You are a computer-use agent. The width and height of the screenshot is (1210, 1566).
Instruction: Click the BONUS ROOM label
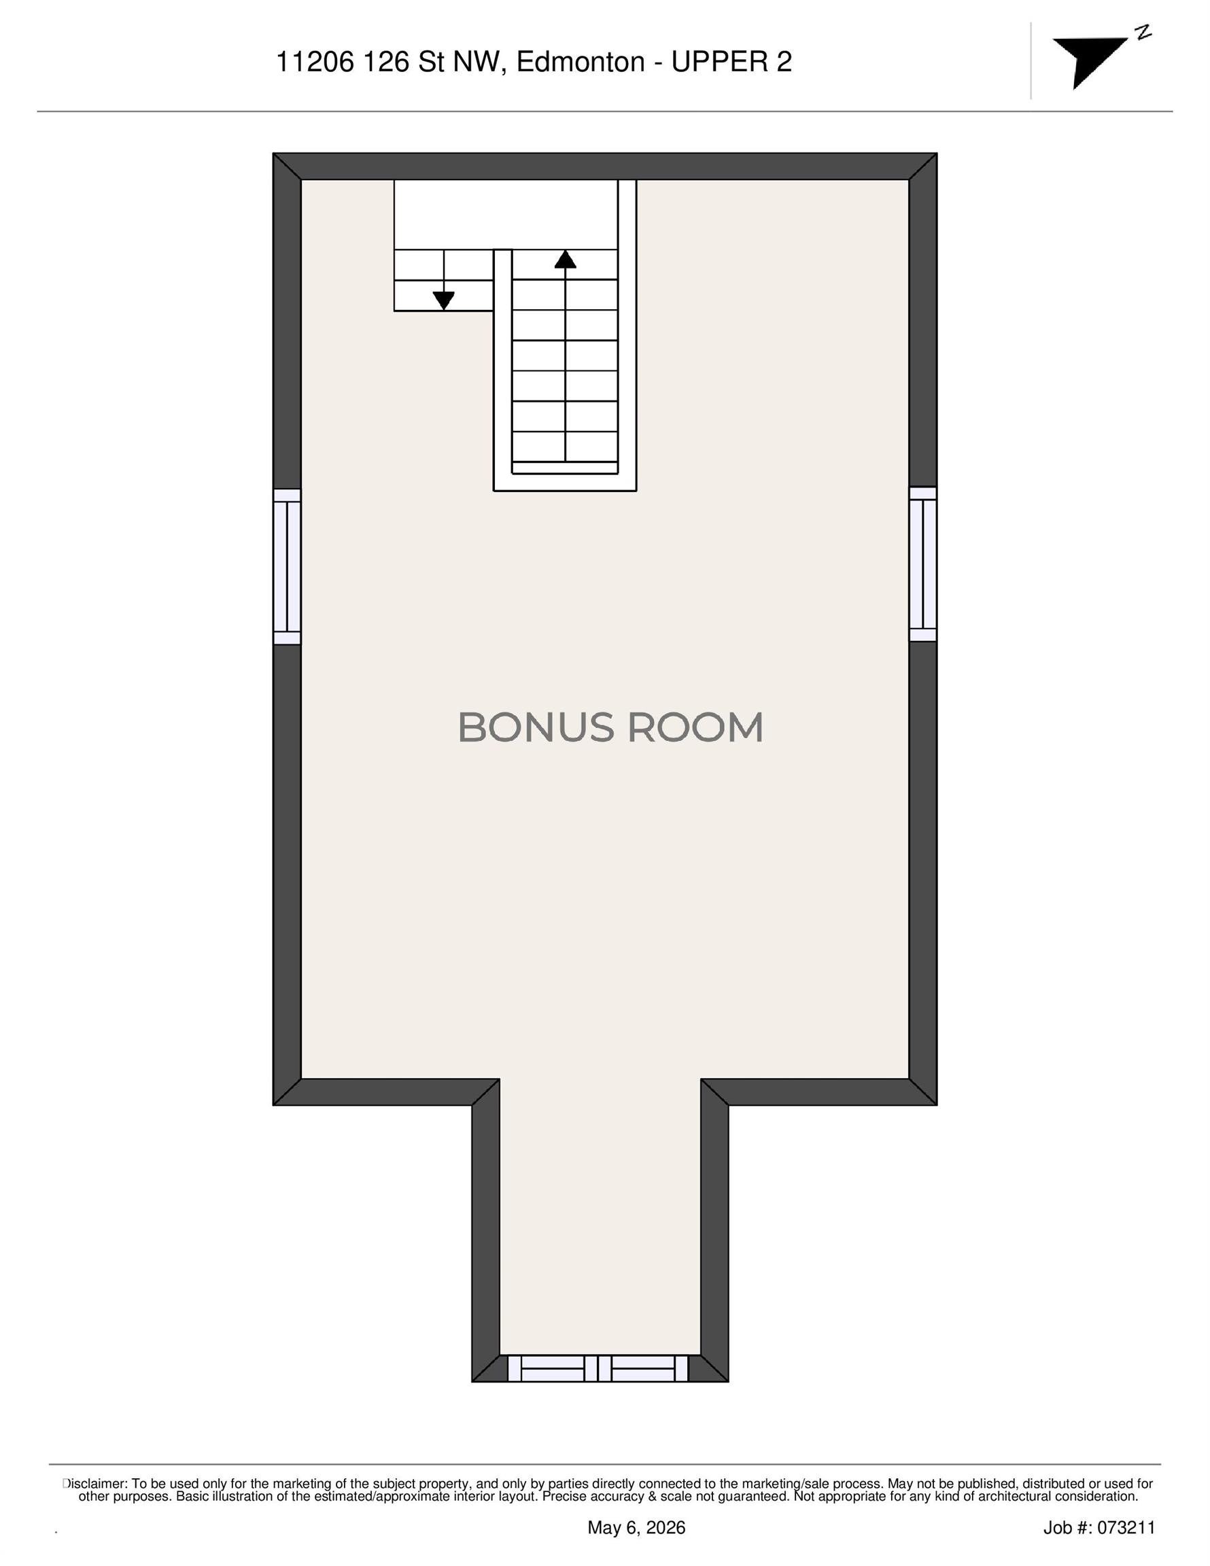[x=610, y=727]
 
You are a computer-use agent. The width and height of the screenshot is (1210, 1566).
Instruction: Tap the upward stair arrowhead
[x=565, y=259]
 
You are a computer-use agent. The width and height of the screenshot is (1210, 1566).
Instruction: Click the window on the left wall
[x=287, y=566]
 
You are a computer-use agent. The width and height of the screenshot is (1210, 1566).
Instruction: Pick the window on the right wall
[x=923, y=563]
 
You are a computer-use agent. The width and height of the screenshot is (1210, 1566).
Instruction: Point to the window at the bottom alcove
[x=598, y=1368]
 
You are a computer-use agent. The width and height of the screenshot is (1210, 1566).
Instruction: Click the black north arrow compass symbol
[x=1089, y=62]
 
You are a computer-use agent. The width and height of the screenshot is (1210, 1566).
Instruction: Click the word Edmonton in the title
[x=581, y=63]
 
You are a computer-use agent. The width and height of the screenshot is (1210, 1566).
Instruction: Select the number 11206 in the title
[x=315, y=63]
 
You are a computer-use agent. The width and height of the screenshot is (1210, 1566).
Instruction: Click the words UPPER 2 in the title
[x=731, y=63]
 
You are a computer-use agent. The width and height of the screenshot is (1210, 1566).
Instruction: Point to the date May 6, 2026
[x=636, y=1527]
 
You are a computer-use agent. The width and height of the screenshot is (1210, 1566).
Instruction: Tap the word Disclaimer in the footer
[x=94, y=1484]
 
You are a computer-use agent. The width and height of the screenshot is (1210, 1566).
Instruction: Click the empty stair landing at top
[x=506, y=214]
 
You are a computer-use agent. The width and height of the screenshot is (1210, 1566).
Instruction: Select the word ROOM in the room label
[x=695, y=727]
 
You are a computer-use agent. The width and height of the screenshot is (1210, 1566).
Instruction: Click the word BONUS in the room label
[x=536, y=727]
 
